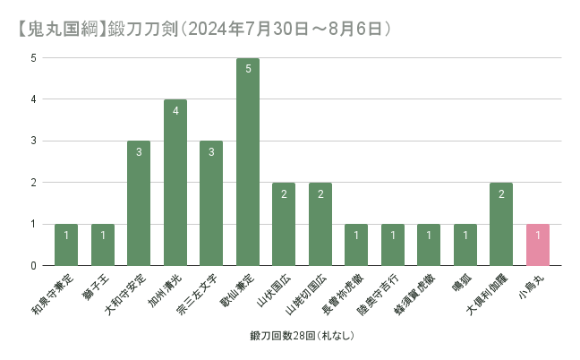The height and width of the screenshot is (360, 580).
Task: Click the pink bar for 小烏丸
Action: point(537,244)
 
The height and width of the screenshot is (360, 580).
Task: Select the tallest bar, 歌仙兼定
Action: point(247,162)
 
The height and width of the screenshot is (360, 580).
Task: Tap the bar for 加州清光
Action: point(175,183)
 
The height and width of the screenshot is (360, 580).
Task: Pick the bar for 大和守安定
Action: point(139,203)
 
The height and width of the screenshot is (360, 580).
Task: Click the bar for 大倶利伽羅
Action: point(501,224)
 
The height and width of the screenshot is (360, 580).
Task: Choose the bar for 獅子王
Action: point(103,244)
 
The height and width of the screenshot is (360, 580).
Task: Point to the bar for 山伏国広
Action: point(284,224)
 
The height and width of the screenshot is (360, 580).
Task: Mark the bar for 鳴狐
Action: point(465,244)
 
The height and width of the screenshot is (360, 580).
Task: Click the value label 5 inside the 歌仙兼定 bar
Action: point(247,69)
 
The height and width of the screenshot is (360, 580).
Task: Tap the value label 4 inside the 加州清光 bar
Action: point(175,111)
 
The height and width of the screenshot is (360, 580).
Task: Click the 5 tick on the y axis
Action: point(33,58)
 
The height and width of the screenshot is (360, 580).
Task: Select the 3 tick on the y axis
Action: point(33,141)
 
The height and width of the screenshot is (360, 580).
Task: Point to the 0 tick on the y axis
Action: point(33,266)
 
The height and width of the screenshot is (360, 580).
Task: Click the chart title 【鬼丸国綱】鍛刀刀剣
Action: point(200,28)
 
